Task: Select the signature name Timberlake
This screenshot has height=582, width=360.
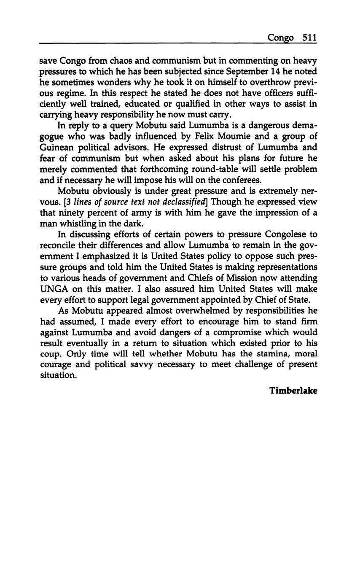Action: tap(293, 391)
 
